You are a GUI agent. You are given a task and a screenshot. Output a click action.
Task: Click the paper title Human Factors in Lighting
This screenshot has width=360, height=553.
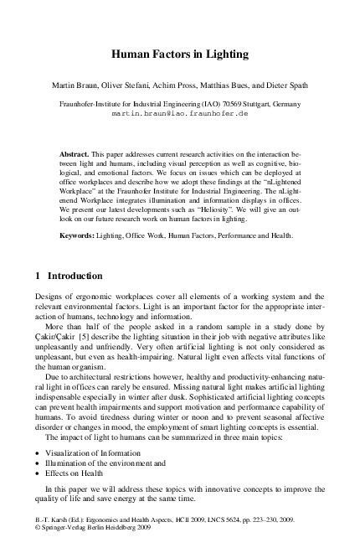[180, 54]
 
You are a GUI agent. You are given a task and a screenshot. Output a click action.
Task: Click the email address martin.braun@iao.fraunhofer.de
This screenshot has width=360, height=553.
[180, 111]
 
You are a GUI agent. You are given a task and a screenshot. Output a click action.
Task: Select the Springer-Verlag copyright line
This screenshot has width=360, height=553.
[84, 530]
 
